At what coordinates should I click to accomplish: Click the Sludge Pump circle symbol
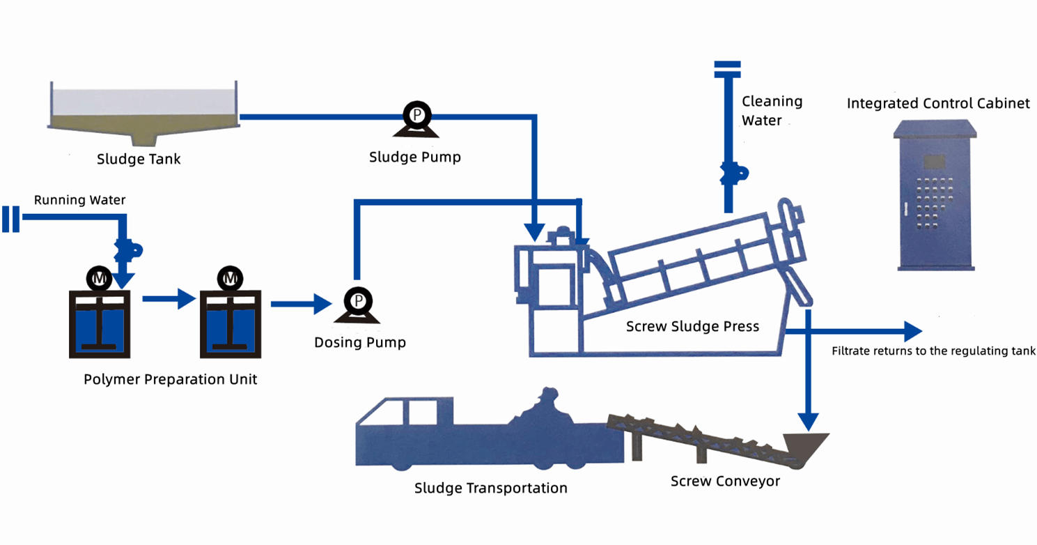click(416, 114)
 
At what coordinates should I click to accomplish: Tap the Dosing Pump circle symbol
click(357, 300)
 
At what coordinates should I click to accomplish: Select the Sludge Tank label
click(139, 159)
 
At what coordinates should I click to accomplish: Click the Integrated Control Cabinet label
click(937, 104)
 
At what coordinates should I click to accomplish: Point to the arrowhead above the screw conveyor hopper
click(808, 421)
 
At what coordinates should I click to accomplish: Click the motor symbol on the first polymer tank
click(99, 279)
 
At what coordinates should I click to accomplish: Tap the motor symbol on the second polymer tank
click(230, 279)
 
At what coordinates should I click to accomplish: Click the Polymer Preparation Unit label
click(170, 380)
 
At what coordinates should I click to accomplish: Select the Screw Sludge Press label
click(692, 326)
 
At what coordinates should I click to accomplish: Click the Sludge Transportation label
click(490, 488)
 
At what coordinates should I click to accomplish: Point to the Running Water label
click(80, 201)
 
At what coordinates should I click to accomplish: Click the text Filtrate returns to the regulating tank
click(933, 351)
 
